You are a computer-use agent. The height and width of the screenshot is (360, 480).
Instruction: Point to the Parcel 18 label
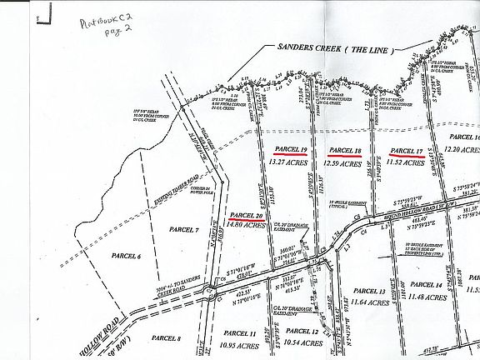pos(345,150)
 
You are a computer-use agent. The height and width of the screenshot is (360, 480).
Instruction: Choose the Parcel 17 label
pos(407,151)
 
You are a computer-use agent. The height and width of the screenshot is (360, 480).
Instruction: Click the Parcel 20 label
pos(247,214)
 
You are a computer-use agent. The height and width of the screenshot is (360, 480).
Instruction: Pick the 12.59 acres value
pos(345,164)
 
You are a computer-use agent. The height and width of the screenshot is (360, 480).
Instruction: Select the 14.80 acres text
pos(247,224)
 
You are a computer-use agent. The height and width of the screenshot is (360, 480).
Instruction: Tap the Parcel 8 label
pos(167,338)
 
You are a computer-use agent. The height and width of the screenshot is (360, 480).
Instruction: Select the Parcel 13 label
pos(369,291)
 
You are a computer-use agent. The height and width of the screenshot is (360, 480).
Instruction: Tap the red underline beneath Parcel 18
pos(345,156)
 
